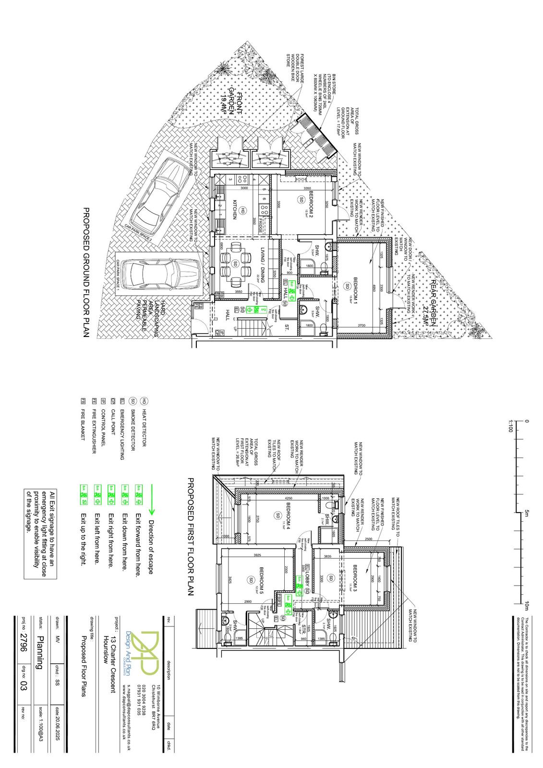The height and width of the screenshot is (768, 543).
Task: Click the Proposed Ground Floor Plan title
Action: pos(87,273)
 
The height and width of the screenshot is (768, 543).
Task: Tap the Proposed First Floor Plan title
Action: pos(189,536)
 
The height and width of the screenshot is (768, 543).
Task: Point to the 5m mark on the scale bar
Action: pos(521,513)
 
